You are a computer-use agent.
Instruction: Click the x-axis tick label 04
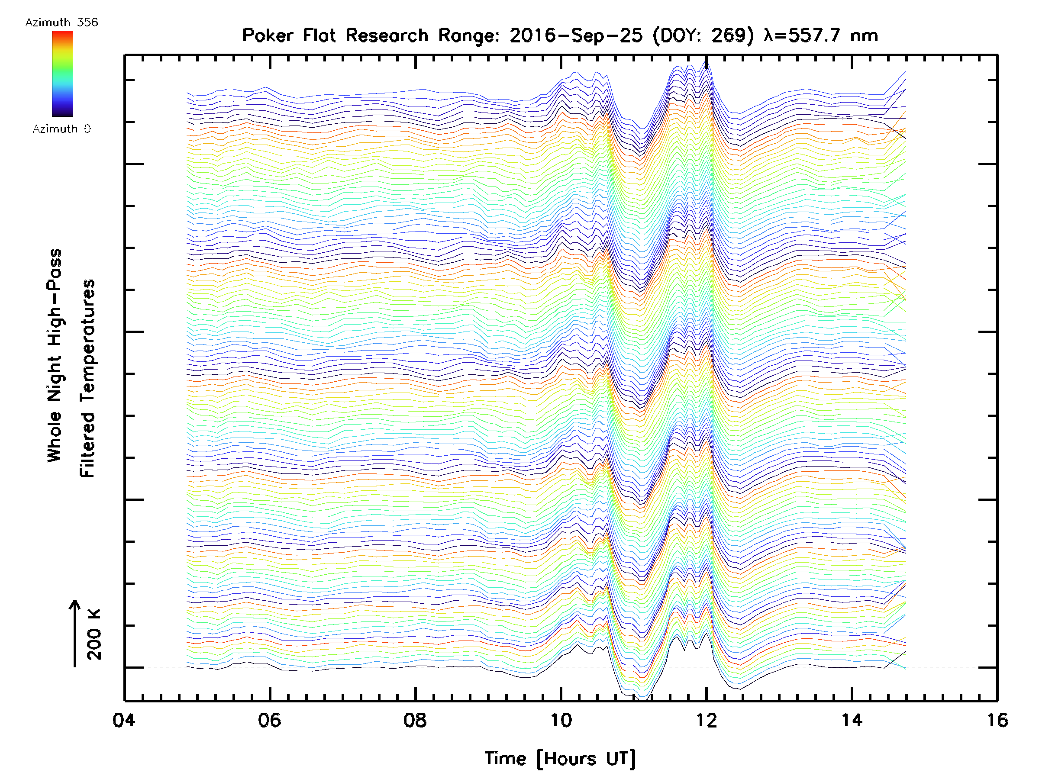124,720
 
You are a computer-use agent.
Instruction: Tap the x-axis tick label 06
270,720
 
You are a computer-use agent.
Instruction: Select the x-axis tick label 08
415,720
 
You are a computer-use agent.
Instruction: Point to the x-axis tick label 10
560,720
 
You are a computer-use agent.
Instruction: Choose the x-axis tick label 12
706,720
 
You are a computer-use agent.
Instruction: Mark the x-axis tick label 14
852,720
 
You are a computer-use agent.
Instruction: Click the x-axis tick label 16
997,720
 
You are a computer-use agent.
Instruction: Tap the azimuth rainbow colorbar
62,74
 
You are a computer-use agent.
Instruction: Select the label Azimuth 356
61,23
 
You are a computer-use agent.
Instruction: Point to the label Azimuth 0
61,129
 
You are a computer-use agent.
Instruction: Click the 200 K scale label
94,634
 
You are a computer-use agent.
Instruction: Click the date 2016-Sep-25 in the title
576,35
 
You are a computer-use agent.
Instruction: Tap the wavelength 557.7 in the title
816,35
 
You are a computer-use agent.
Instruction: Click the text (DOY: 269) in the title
703,35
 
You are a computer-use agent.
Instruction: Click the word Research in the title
387,35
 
